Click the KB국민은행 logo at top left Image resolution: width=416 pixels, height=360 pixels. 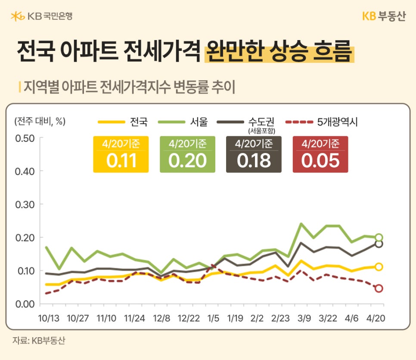[x=41, y=16]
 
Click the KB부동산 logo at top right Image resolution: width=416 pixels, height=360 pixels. [x=384, y=16]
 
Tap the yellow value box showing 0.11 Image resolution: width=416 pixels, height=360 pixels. [x=121, y=154]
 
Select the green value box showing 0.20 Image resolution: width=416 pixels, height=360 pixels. [x=187, y=154]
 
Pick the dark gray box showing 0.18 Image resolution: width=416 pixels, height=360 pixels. [x=254, y=154]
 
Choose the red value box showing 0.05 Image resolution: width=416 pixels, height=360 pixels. [x=320, y=154]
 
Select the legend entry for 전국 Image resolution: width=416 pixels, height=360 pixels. [x=123, y=122]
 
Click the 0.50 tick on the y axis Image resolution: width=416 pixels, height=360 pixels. [x=24, y=138]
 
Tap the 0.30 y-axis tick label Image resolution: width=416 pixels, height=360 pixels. [x=24, y=204]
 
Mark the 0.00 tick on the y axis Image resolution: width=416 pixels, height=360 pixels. [x=24, y=304]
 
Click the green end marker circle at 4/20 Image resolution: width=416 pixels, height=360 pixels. [x=379, y=237]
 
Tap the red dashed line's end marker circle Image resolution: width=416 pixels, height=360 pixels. [x=379, y=288]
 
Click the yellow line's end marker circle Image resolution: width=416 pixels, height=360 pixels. [x=379, y=267]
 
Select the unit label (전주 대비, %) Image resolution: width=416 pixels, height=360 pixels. [x=40, y=121]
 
